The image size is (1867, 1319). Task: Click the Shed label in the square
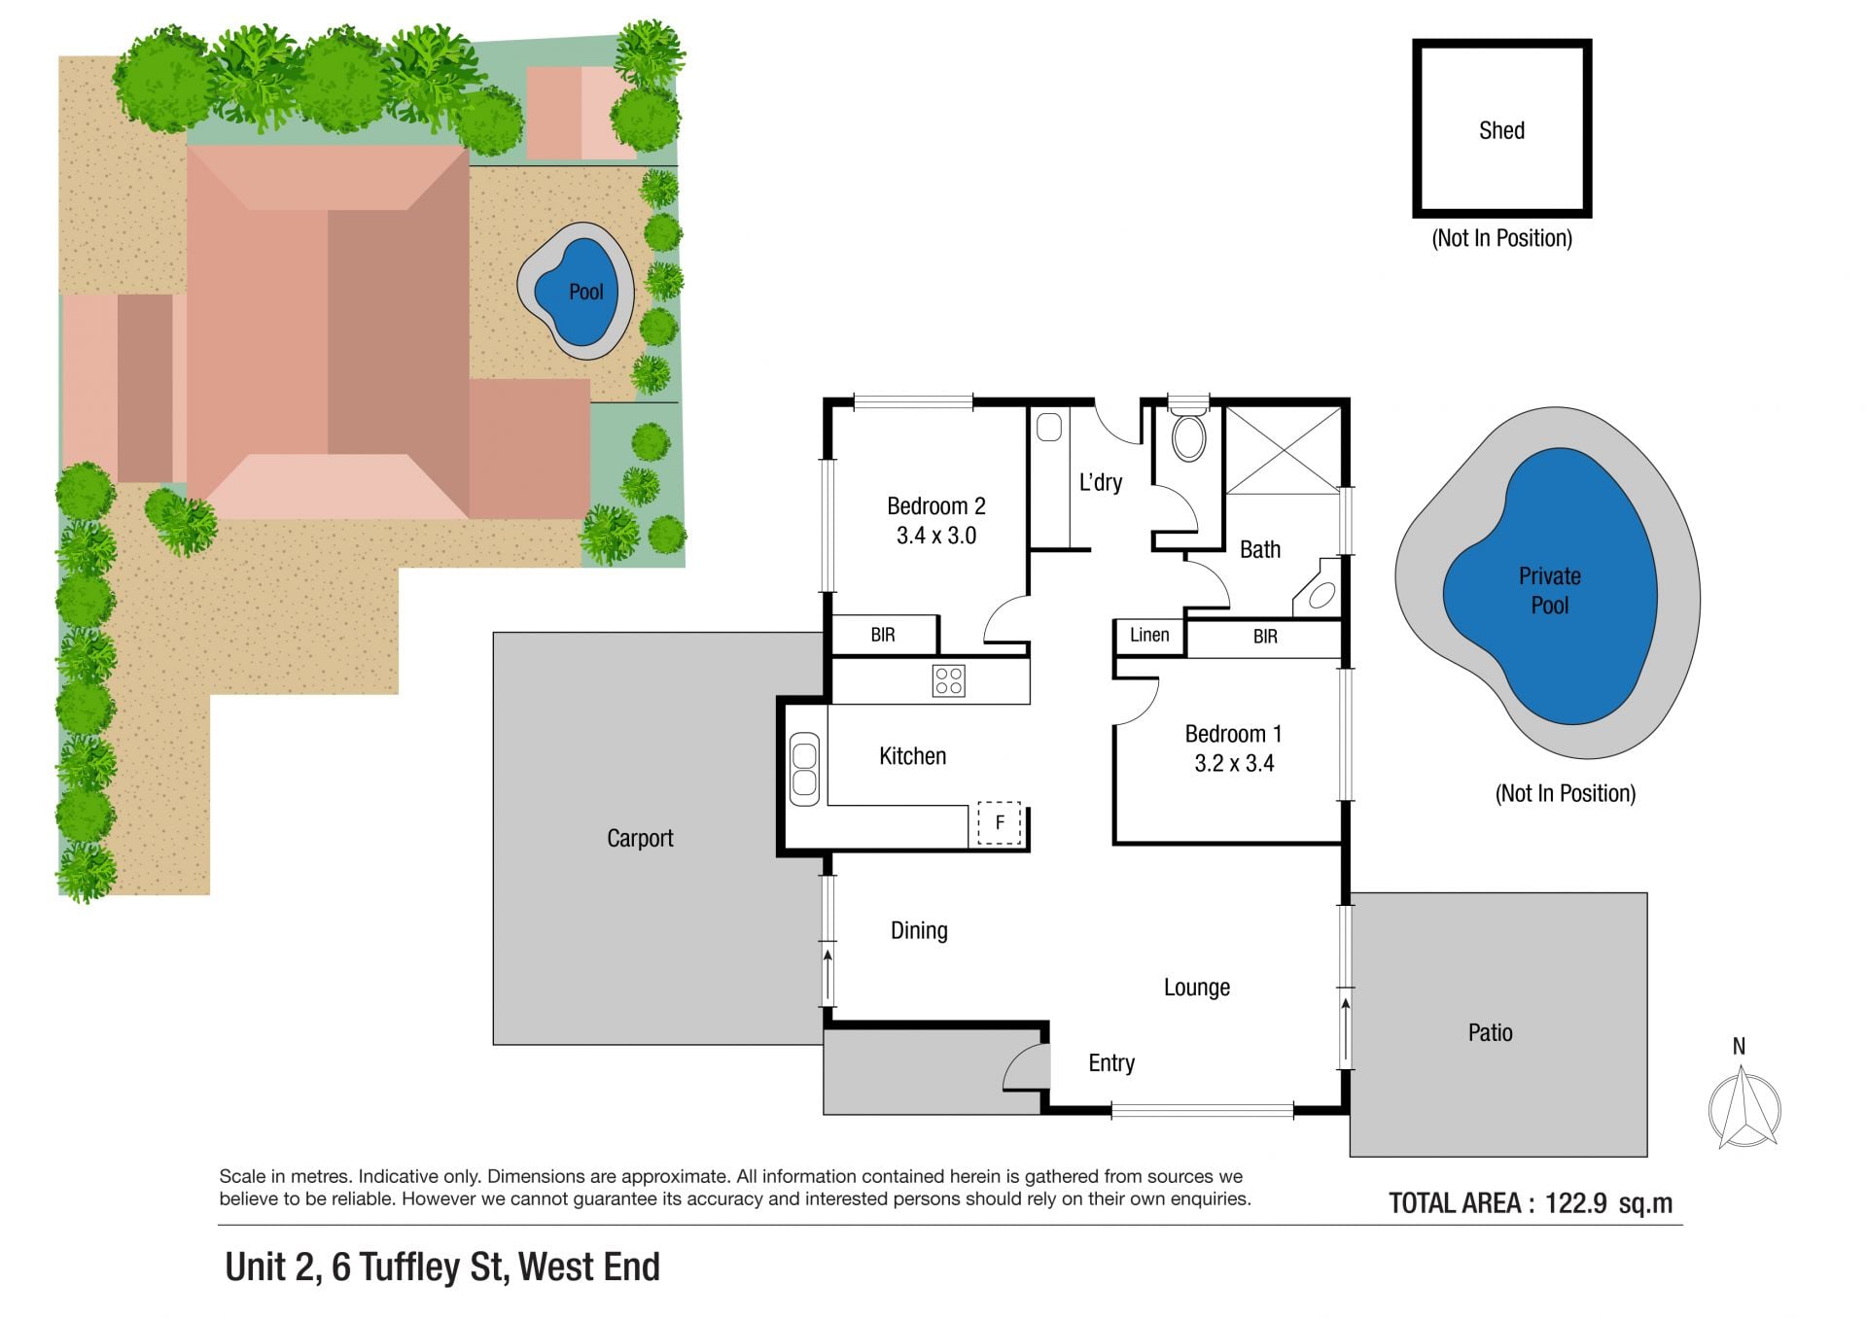(x=1501, y=130)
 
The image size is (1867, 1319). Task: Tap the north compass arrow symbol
(x=1744, y=1107)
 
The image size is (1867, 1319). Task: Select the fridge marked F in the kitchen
(x=999, y=823)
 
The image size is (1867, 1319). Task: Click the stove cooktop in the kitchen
(x=948, y=680)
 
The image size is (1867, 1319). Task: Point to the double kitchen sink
(x=804, y=769)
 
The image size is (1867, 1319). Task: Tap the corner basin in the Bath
(x=1317, y=589)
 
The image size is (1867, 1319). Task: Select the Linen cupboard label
(x=1149, y=635)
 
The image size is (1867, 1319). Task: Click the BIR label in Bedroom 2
(x=883, y=635)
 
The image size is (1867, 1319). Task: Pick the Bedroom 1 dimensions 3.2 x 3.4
(x=1234, y=763)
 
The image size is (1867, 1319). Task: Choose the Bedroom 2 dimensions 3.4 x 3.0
(x=936, y=536)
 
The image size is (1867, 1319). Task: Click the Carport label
(x=640, y=838)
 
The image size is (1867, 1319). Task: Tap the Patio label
(x=1490, y=1032)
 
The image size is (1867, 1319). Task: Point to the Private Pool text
(x=1550, y=590)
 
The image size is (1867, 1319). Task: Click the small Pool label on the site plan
(x=586, y=292)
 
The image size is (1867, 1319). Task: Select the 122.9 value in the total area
(x=1575, y=1203)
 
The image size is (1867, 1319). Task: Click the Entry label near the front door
(x=1111, y=1063)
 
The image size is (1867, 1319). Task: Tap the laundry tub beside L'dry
(x=1048, y=428)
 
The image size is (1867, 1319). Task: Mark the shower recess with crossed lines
(x=1283, y=450)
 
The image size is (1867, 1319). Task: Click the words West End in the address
(x=589, y=1267)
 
